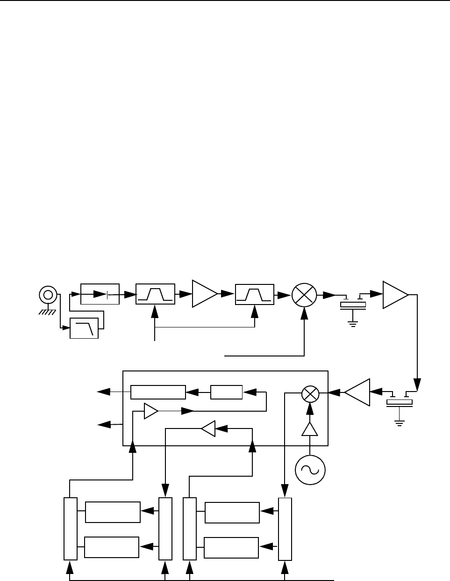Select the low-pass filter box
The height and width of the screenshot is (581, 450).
point(84,328)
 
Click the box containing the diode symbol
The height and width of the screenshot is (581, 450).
point(100,294)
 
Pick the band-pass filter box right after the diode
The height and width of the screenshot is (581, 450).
point(155,294)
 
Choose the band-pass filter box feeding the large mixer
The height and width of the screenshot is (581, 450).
point(255,294)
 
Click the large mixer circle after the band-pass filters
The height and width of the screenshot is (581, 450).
point(304,295)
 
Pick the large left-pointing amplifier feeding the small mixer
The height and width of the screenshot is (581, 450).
point(357,392)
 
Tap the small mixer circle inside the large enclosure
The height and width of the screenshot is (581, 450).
point(309,393)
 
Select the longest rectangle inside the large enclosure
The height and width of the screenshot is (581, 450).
point(158,392)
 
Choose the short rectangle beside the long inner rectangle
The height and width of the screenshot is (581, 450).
point(226,392)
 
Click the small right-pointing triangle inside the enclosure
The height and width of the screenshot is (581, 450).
point(151,411)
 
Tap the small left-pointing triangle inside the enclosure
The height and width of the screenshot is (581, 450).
point(208,428)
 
